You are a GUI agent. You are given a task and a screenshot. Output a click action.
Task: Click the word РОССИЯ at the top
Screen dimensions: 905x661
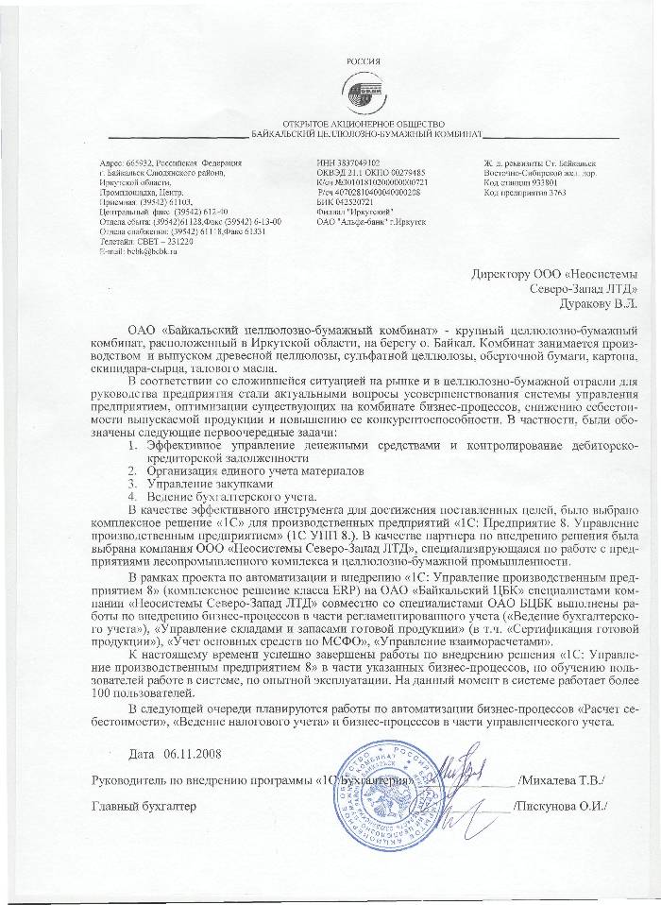(x=365, y=60)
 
